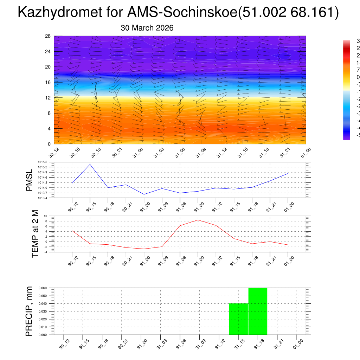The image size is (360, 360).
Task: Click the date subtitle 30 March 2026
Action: pos(147,28)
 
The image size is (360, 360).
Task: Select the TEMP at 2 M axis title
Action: pos(35,234)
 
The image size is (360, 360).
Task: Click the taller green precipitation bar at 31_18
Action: pos(258,311)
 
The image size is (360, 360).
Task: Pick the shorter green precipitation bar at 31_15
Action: pos(238,319)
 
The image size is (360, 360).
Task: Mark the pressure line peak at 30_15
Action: pos(90,164)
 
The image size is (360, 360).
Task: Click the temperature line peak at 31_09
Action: pos(198,220)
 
